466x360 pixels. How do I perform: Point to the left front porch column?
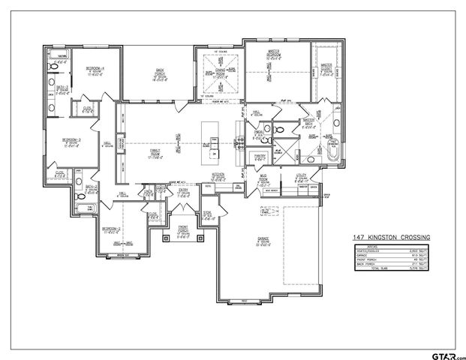[165, 238]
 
